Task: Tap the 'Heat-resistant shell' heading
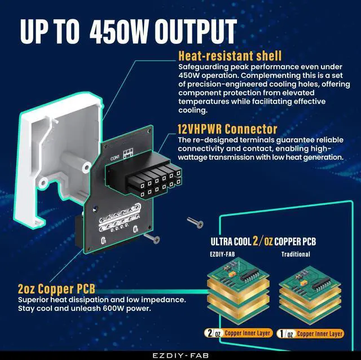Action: [x=230, y=56]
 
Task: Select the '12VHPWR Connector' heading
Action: [x=227, y=129]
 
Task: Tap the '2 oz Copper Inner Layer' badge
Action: [x=239, y=333]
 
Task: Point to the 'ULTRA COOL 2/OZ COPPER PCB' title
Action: [x=263, y=241]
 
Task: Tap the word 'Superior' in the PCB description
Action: [x=34, y=300]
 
